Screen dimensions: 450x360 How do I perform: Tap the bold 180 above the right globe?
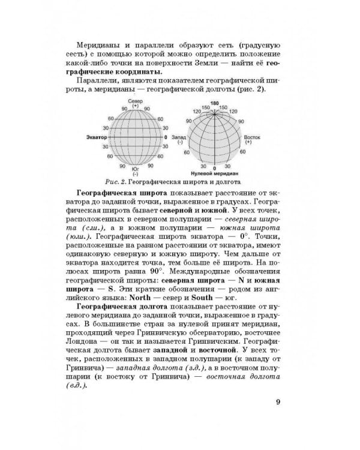(x=215, y=103)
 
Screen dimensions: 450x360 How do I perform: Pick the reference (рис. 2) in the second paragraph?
(x=252, y=89)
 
